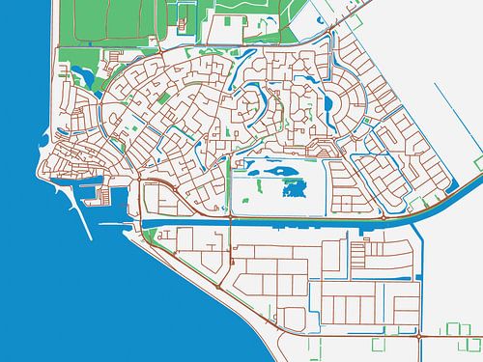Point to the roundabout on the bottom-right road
coord(415,337)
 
